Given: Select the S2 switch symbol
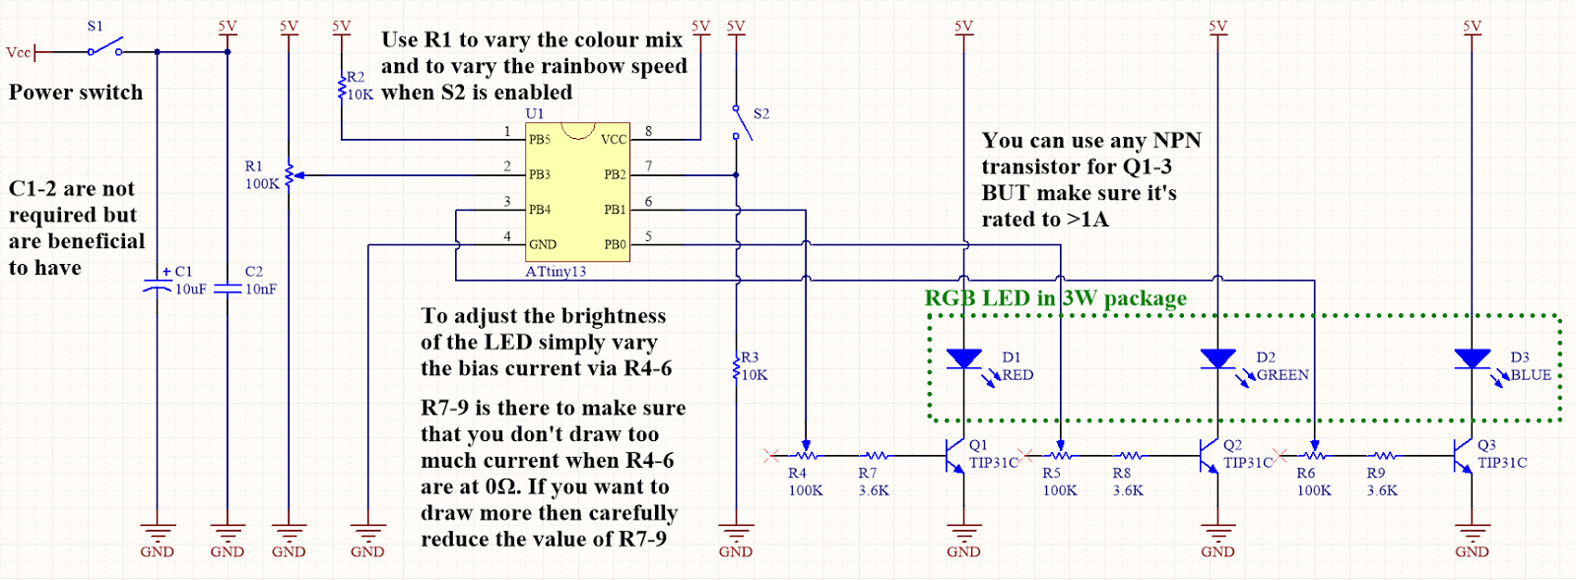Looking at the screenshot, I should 741,122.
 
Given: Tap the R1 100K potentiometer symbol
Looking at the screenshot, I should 289,175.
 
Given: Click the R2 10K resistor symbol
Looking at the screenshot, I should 342,87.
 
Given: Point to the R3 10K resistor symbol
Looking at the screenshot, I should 736,367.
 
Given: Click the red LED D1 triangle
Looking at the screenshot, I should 963,359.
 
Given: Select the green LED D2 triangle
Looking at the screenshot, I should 1217,359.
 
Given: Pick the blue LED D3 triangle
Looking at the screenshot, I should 1472,359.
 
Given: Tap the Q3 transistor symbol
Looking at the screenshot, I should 1463,456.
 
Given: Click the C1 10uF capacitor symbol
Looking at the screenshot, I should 158,287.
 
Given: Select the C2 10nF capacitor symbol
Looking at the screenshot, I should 228,288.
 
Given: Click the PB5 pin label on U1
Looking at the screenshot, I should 540,139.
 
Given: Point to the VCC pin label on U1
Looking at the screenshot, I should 613,139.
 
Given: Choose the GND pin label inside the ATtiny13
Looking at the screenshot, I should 543,244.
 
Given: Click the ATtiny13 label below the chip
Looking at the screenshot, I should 556,272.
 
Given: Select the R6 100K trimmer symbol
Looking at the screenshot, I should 1314,455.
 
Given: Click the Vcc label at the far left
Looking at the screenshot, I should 19,52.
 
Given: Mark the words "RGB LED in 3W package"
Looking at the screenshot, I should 1055,298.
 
